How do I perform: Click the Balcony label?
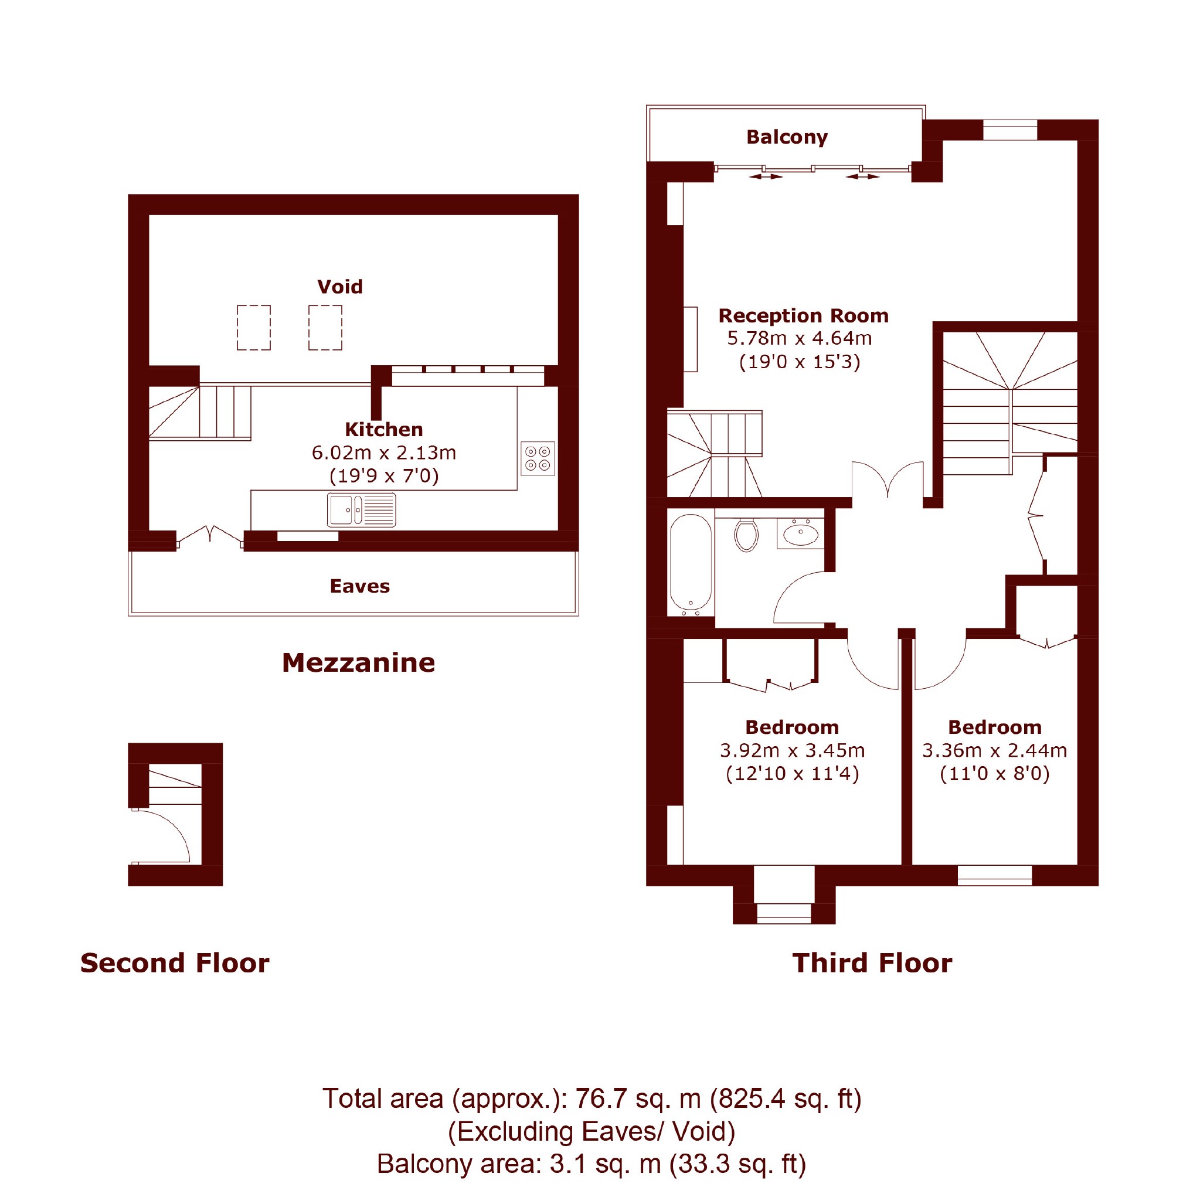point(787,137)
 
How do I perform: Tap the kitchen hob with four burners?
point(538,458)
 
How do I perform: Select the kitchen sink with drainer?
point(361,510)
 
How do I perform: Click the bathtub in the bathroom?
point(691,564)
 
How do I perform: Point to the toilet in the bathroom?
point(746,535)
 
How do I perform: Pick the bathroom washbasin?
point(801,533)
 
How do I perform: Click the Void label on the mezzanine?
point(340,286)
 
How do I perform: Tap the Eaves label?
point(359,586)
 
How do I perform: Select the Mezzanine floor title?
point(358,662)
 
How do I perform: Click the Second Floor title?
point(175,962)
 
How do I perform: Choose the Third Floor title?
point(872,962)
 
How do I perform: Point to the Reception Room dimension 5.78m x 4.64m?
point(800,338)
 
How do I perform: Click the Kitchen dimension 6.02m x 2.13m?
point(384,453)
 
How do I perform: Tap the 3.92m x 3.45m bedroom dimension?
point(792,750)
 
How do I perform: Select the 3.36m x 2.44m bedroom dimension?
point(994,750)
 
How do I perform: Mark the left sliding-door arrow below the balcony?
point(766,176)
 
